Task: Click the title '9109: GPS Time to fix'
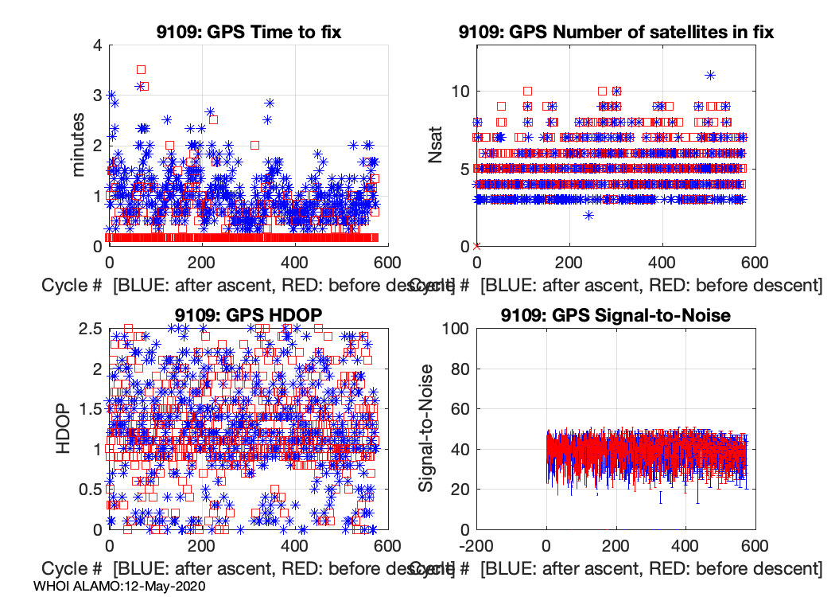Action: (x=250, y=33)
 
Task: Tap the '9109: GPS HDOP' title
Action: (x=249, y=314)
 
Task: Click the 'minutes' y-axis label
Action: (x=80, y=145)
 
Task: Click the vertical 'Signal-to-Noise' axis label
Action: (x=426, y=427)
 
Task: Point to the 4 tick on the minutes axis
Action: (x=97, y=45)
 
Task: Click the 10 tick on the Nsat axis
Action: (x=457, y=91)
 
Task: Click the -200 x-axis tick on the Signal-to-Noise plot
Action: (x=476, y=547)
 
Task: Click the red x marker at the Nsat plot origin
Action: (x=476, y=246)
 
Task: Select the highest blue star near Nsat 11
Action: (x=710, y=76)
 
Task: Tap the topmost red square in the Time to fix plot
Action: (x=142, y=69)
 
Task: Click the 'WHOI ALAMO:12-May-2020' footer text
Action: (x=121, y=586)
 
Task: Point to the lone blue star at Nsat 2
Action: (x=588, y=215)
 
